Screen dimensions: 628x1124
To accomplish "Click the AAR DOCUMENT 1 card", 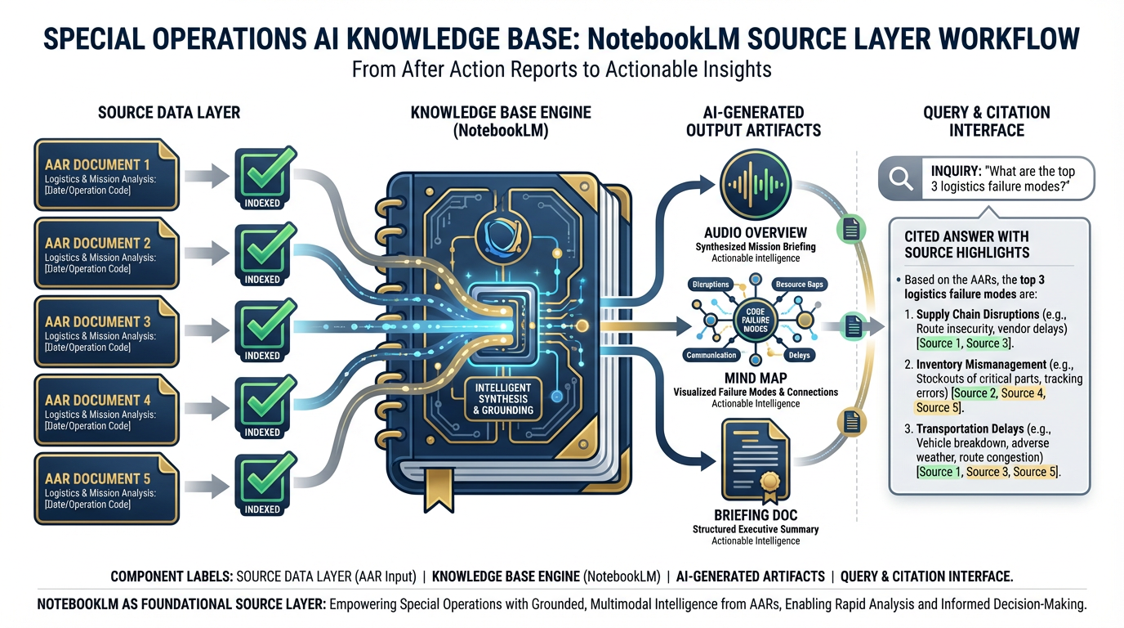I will [106, 176].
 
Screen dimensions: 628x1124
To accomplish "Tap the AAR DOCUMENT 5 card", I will [106, 490].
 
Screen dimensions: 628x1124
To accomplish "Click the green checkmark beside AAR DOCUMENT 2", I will [262, 249].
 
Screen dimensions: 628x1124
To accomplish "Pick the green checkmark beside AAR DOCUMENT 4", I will [262, 403].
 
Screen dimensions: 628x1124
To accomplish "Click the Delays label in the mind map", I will [798, 356].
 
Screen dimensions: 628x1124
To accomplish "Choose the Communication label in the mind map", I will [711, 356].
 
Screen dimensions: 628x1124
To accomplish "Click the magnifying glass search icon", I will [901, 178].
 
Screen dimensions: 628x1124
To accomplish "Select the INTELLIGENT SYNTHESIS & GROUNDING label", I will [497, 398].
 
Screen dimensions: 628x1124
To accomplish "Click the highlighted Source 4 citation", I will [1023, 393].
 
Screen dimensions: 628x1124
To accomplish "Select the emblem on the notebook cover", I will [498, 232].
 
